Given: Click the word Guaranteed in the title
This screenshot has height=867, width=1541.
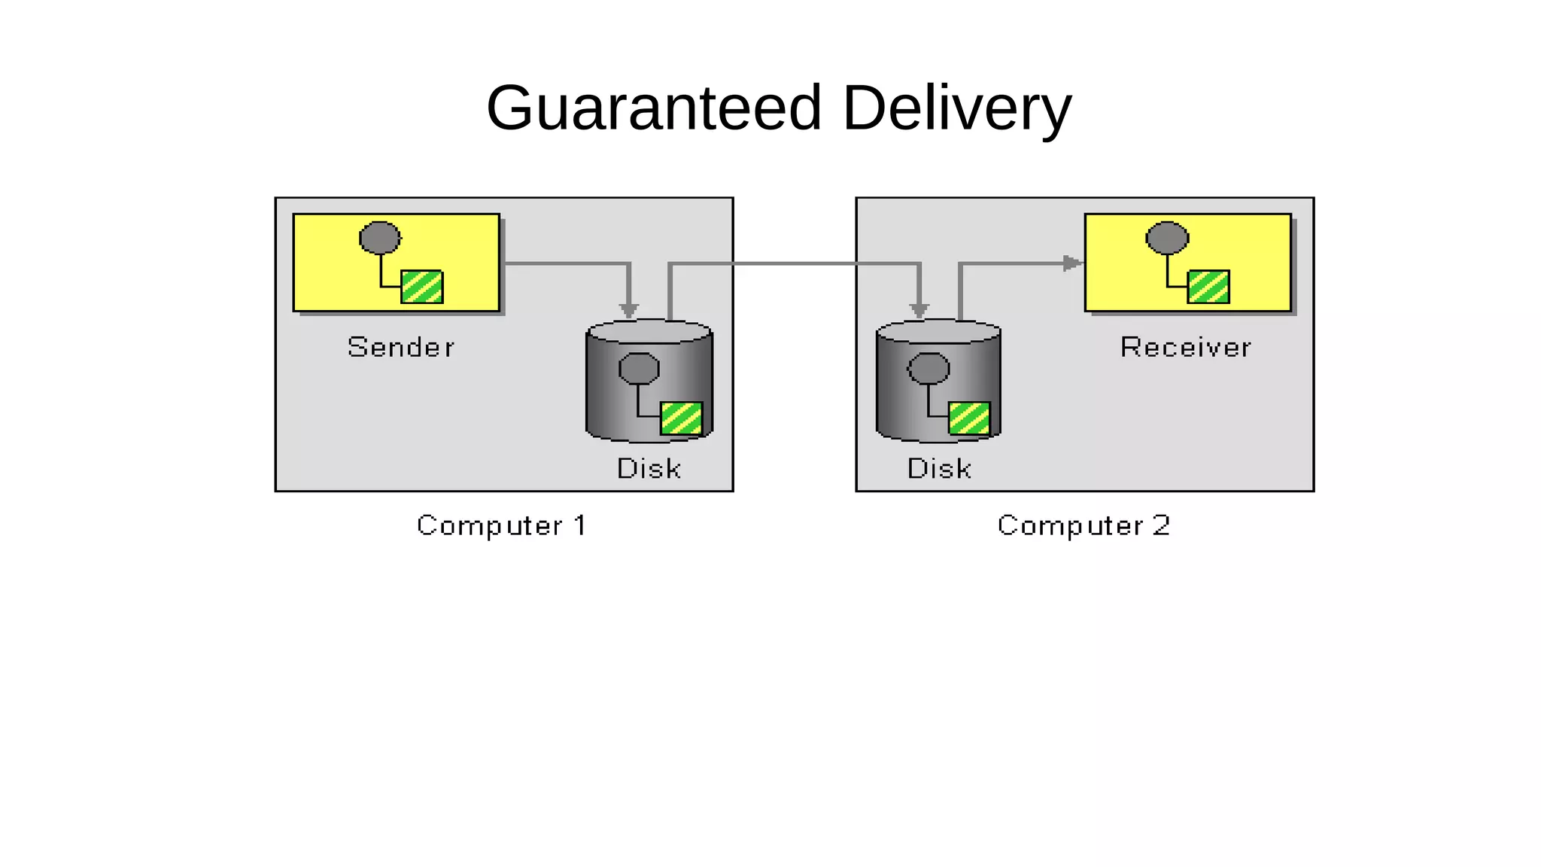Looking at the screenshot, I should (x=653, y=108).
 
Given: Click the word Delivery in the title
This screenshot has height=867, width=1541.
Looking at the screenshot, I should (x=956, y=108).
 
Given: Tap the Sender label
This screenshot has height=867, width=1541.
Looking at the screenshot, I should (x=401, y=348).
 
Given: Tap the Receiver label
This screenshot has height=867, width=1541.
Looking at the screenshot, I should (x=1185, y=348).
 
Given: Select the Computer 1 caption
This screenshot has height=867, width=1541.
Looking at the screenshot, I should (x=501, y=525).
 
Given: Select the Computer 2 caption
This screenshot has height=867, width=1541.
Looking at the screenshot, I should (x=1084, y=525).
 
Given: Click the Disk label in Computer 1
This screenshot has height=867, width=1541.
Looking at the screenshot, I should (x=649, y=469).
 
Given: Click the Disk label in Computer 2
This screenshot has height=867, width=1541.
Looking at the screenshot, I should (x=939, y=469).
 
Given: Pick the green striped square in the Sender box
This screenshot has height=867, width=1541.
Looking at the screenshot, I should (x=422, y=287).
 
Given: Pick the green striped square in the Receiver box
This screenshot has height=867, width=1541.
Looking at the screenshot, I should (x=1208, y=287).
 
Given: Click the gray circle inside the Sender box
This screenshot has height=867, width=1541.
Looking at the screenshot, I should (x=380, y=238).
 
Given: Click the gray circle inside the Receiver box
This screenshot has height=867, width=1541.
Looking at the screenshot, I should (x=1167, y=238).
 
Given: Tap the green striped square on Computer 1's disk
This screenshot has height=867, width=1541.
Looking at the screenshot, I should (x=681, y=418).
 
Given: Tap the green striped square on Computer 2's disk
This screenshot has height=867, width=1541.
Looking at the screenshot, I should (x=969, y=418).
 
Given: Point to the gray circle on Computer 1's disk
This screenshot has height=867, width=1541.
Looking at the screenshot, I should (x=639, y=369).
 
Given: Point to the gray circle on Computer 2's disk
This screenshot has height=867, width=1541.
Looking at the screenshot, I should (x=929, y=369).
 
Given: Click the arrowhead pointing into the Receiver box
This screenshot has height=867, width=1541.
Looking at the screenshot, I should (x=1072, y=263).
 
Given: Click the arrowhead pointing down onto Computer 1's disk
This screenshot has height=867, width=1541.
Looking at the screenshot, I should (x=629, y=309).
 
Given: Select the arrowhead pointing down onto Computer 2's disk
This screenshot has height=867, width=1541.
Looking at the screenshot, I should (x=919, y=309).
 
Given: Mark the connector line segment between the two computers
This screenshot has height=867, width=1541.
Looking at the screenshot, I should (x=795, y=263).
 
